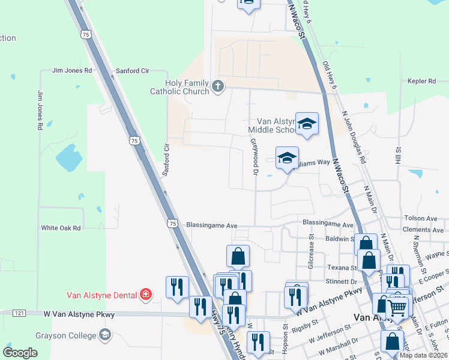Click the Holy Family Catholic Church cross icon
coord(217,87)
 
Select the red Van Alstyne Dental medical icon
coord(145,294)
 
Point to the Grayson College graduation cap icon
coord(106,334)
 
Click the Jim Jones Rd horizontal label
coord(72,70)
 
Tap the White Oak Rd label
coord(61,228)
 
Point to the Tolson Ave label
coord(421,219)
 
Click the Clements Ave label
coord(423,230)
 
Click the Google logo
coord(20,353)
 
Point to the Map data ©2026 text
coord(423,355)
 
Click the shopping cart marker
coord(397,308)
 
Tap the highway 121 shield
coord(18,313)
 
